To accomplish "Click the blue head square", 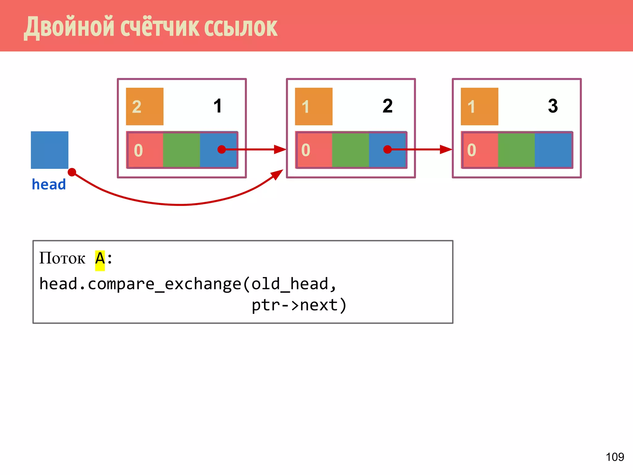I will (x=49, y=150).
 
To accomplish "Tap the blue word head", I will (x=49, y=185).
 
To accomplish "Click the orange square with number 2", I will (x=145, y=106).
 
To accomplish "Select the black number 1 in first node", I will (x=218, y=106).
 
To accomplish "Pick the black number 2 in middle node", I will (x=387, y=106).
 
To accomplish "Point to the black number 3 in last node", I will (x=553, y=106).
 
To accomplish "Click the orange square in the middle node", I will (x=314, y=106).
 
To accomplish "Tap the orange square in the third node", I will (x=479, y=106).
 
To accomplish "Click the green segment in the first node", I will (x=181, y=150).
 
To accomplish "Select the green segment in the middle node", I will (x=350, y=150).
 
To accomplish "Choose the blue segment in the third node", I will (x=553, y=150).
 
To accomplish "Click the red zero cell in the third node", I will (x=480, y=150).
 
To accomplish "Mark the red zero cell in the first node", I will (x=145, y=150).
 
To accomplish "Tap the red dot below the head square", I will (x=72, y=172).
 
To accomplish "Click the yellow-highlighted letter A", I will (x=100, y=259).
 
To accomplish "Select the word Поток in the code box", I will (x=62, y=259).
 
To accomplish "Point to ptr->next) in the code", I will (x=299, y=305).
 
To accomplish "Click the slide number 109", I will (x=614, y=457).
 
